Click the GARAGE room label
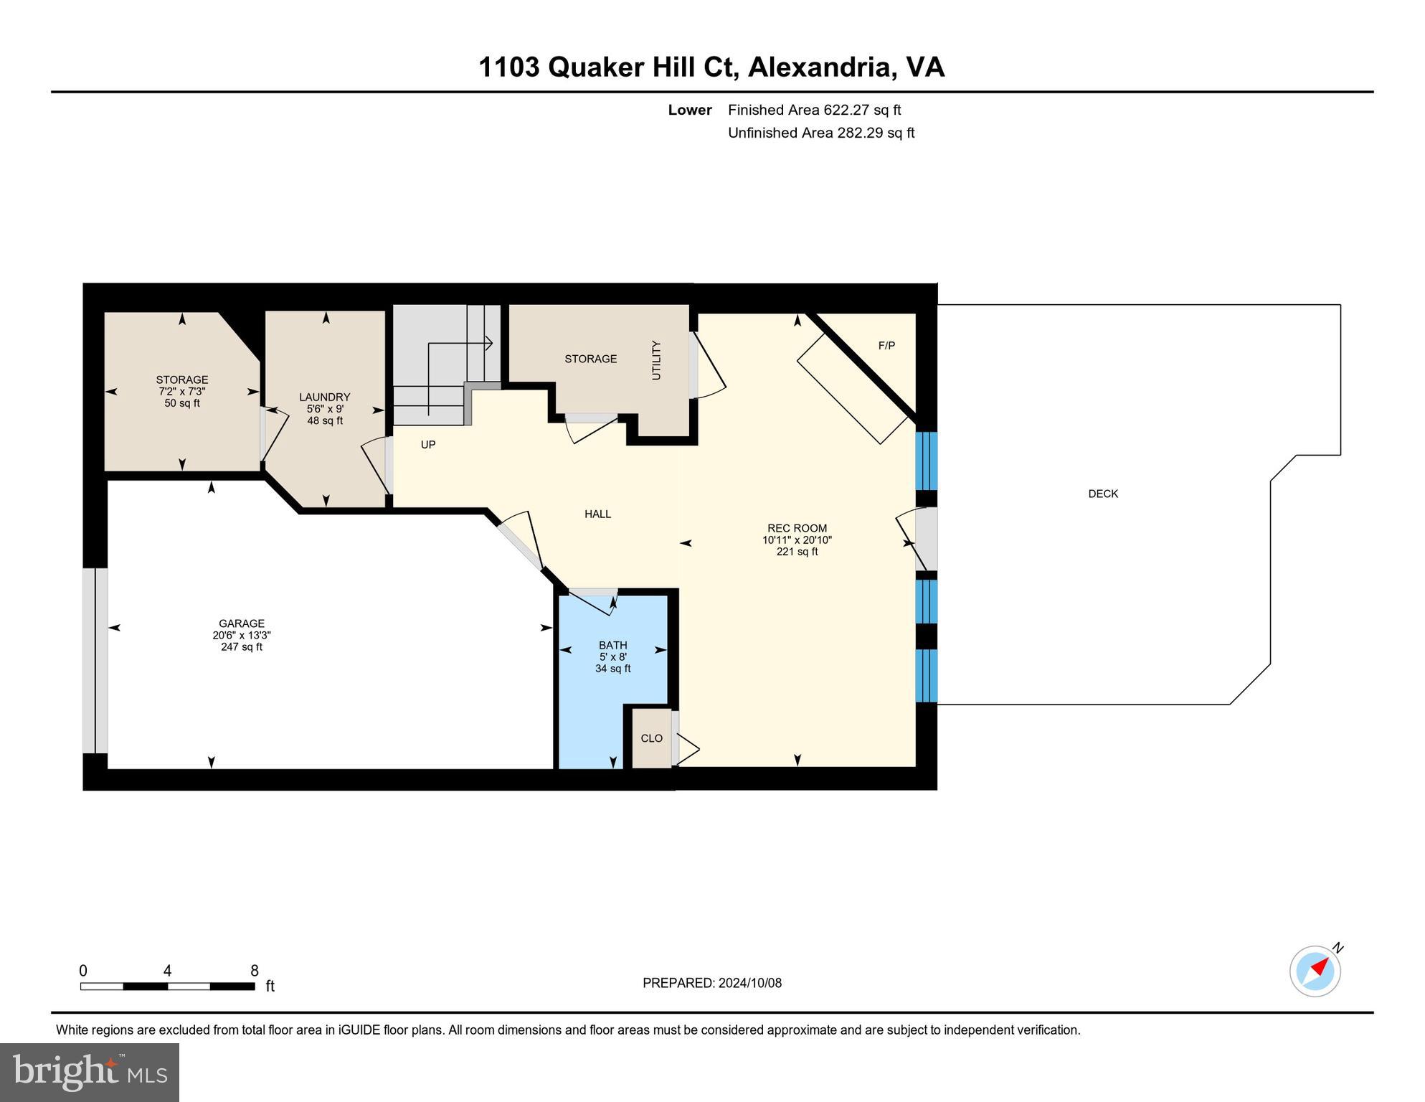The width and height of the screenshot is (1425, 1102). pyautogui.click(x=242, y=623)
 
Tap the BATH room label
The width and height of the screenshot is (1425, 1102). pyautogui.click(x=613, y=645)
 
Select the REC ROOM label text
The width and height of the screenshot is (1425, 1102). pyautogui.click(x=797, y=528)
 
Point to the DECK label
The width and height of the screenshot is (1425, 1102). pyautogui.click(x=1103, y=494)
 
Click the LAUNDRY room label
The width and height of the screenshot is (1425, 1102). pyautogui.click(x=324, y=397)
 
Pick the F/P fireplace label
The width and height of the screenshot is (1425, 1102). pyautogui.click(x=886, y=346)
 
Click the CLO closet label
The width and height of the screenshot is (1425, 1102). pyautogui.click(x=651, y=738)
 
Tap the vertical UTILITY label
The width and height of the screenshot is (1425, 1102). pyautogui.click(x=656, y=360)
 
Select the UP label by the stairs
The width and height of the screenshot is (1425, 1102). pyautogui.click(x=428, y=445)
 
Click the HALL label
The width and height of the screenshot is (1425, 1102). pyautogui.click(x=597, y=514)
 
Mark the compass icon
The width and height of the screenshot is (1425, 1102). pyautogui.click(x=1315, y=971)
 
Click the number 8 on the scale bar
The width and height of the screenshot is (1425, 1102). pyautogui.click(x=255, y=971)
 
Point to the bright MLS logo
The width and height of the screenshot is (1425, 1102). pyautogui.click(x=90, y=1073)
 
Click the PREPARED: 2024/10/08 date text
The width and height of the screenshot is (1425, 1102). pyautogui.click(x=711, y=983)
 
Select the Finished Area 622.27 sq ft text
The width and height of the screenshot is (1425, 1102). pyautogui.click(x=814, y=110)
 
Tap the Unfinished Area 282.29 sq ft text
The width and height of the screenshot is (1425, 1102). pyautogui.click(x=820, y=133)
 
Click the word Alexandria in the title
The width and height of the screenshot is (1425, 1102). pyautogui.click(x=820, y=67)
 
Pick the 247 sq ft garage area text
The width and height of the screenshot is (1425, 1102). pyautogui.click(x=242, y=647)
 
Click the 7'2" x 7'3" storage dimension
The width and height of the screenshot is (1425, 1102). pyautogui.click(x=182, y=392)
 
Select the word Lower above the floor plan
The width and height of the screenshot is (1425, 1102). pyautogui.click(x=689, y=110)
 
